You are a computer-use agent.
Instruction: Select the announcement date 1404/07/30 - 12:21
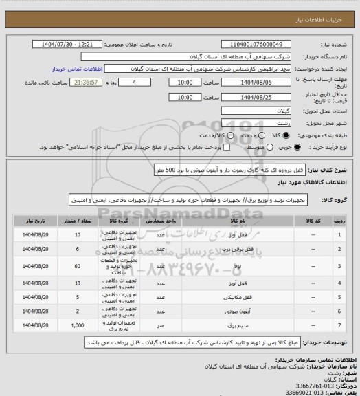(68, 44)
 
